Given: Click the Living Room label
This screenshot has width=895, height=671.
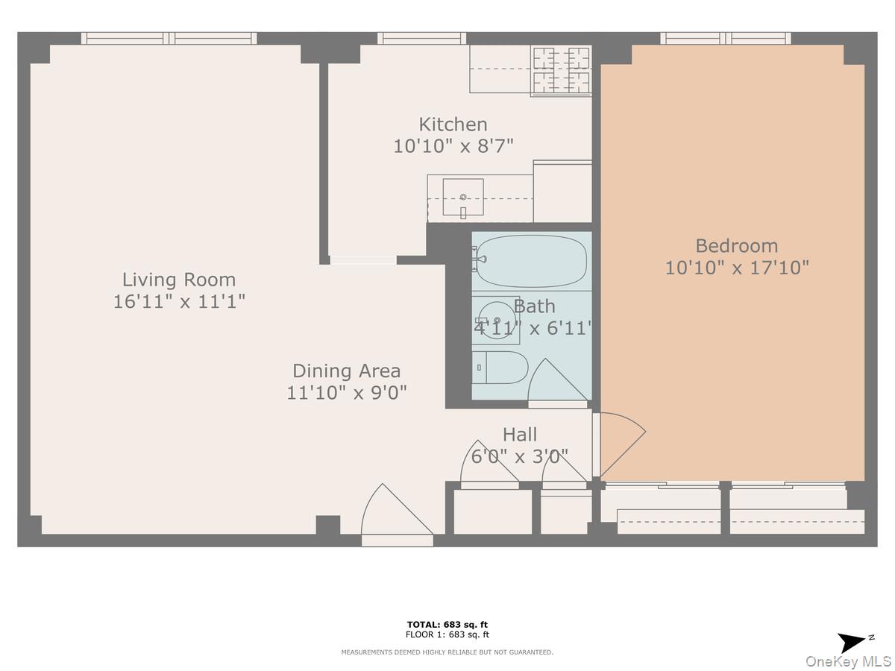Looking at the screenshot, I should pyautogui.click(x=178, y=280).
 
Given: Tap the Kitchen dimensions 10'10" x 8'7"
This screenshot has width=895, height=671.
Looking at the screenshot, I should pyautogui.click(x=453, y=145).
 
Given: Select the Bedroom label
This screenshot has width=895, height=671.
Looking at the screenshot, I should pyautogui.click(x=736, y=245).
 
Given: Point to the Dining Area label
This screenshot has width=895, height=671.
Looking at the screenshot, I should pyautogui.click(x=346, y=371).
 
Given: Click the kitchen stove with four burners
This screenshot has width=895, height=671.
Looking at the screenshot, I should pyautogui.click(x=560, y=71).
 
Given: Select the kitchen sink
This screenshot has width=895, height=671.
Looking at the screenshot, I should pyautogui.click(x=463, y=198).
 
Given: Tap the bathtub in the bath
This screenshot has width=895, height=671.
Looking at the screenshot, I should pyautogui.click(x=531, y=261).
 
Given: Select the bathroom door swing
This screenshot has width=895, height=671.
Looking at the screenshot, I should pyautogui.click(x=558, y=382).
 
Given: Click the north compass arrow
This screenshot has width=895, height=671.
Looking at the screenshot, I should pyautogui.click(x=853, y=642).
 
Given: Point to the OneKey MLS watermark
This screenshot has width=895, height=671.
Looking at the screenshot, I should pyautogui.click(x=848, y=661).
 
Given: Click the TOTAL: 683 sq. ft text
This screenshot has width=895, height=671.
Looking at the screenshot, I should pyautogui.click(x=447, y=625).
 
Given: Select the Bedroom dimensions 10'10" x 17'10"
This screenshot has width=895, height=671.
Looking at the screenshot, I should pyautogui.click(x=736, y=268).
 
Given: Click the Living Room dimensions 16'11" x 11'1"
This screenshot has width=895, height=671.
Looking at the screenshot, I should pyautogui.click(x=178, y=301).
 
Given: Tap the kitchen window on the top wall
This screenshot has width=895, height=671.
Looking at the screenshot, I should pyautogui.click(x=421, y=38).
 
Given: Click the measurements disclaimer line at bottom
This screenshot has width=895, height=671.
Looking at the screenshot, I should pyautogui.click(x=447, y=652).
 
